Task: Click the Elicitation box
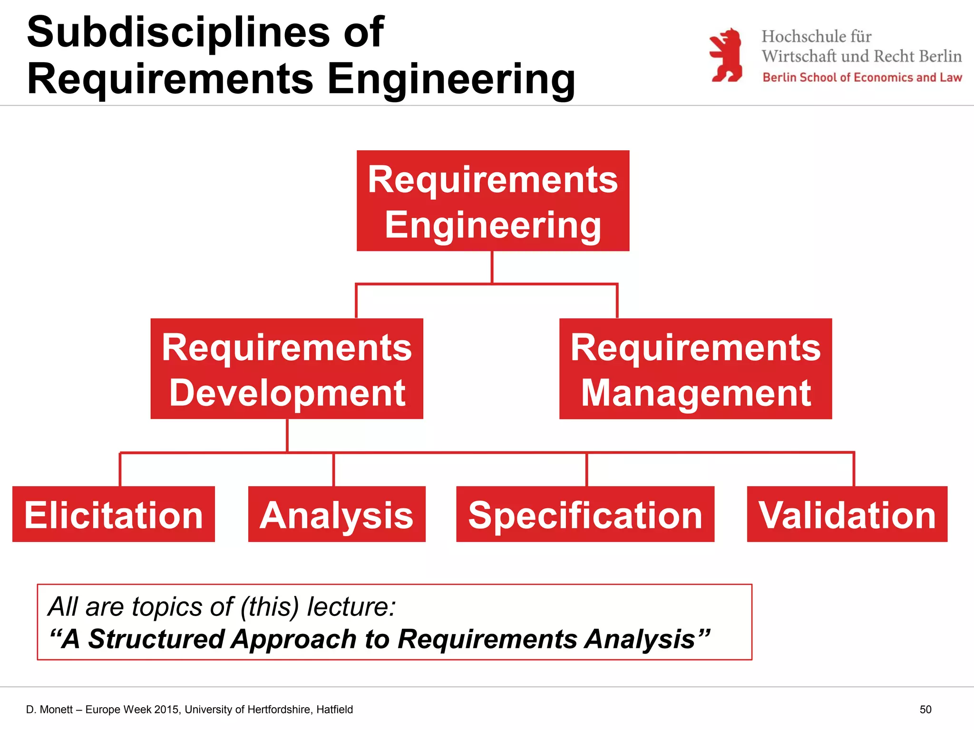coord(114,514)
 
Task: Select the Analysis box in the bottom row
coord(337,514)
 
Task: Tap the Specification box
coord(585,514)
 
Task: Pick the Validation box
coord(847,514)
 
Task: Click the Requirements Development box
coord(287,369)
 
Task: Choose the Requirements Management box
coord(695,369)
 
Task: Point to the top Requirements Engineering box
coord(493,201)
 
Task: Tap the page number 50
coord(925,710)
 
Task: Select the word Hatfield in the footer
coord(334,710)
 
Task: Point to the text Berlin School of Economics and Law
coord(862,77)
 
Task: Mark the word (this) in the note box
coord(270,607)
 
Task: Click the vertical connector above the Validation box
coord(854,469)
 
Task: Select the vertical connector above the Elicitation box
coord(120,470)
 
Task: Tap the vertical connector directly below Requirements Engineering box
coord(492,267)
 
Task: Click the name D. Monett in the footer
coord(49,710)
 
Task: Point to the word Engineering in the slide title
coord(451,79)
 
